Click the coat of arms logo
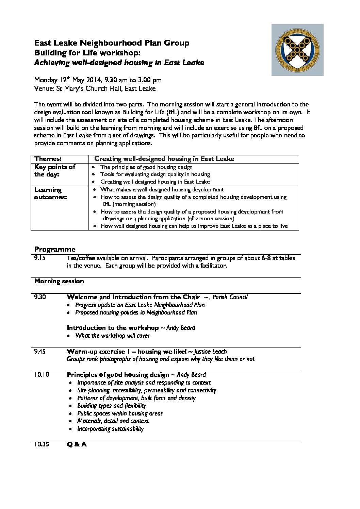click(297, 50)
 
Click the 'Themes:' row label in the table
click(48, 159)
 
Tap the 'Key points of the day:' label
click(55, 171)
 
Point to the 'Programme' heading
click(55, 249)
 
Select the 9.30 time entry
click(40, 297)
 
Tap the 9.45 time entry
click(40, 352)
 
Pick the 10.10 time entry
click(42, 375)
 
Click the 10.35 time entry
click(42, 444)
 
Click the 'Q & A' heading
click(77, 444)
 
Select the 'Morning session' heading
click(59, 281)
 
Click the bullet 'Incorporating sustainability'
click(110, 429)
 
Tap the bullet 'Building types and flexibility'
click(111, 406)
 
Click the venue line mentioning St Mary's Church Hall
click(95, 89)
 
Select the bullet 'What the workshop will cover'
click(112, 336)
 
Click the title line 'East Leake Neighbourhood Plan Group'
click(112, 43)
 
